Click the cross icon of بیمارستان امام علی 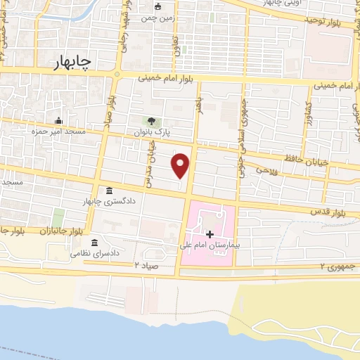point(209,233)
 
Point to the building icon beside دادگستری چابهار point(109,191)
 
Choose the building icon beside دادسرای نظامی point(94,243)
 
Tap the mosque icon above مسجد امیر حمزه point(59,121)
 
